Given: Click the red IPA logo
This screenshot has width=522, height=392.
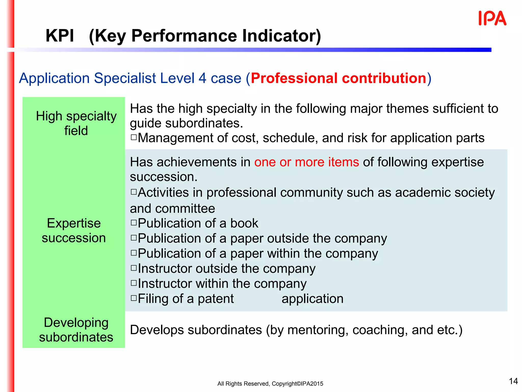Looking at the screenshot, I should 492,18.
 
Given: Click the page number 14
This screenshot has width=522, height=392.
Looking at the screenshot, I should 513,381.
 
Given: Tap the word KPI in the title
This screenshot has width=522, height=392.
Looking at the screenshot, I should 60,36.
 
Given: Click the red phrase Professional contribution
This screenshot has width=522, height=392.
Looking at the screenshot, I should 338,78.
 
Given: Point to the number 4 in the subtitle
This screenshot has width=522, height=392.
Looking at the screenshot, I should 202,78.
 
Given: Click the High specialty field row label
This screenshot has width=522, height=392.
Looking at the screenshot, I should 76,123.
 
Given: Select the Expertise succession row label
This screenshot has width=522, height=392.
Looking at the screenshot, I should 74,230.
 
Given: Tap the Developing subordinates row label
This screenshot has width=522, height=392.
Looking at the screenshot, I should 76,330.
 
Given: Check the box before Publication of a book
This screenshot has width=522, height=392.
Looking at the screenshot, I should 134,223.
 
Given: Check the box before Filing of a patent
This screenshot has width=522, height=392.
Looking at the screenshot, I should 134,298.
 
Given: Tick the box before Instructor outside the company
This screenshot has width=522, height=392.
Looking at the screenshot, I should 134,268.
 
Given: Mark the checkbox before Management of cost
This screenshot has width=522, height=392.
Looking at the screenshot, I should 134,138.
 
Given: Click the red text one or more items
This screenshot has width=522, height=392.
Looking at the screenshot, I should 306,162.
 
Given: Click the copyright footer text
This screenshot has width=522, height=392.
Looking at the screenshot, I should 270,384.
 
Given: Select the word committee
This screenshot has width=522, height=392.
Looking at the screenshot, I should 185,209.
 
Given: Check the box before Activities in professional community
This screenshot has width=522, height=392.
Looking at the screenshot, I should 134,192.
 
